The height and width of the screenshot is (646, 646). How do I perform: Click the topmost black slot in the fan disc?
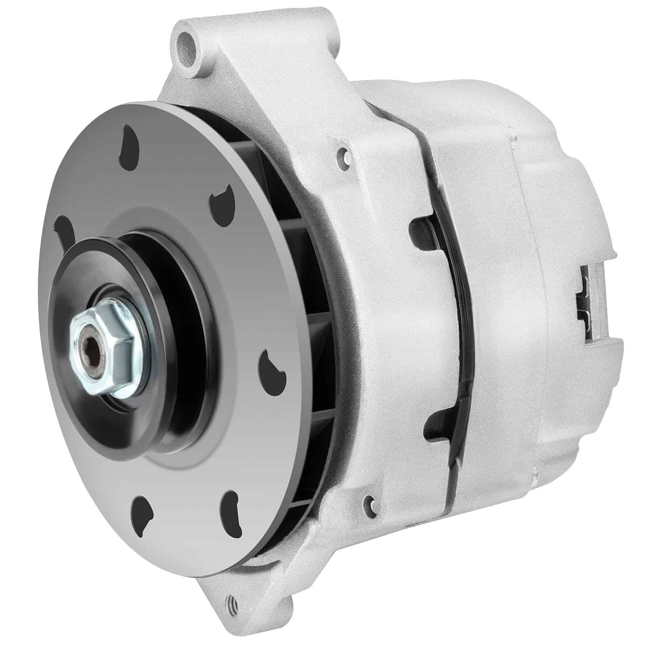[x=130, y=147]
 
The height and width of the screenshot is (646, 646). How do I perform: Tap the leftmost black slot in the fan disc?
[x=65, y=231]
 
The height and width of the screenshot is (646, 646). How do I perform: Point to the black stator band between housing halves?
[x=456, y=323]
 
